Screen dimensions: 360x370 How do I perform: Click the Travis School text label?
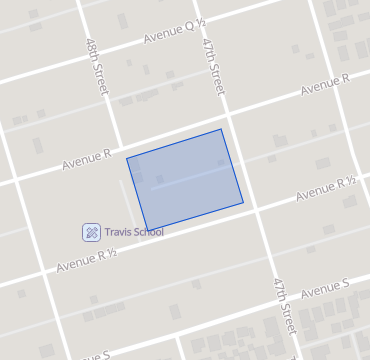pos(133,232)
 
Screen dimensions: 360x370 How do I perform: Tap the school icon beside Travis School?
pos(90,232)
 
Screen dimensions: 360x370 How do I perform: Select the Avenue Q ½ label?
pos(174,35)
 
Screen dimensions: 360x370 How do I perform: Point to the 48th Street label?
pos(96,67)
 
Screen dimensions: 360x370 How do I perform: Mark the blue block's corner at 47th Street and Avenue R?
pos(221,129)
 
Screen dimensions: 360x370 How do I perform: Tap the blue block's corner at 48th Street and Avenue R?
pos(126,158)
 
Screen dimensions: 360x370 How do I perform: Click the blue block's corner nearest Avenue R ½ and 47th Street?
pos(243,203)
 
